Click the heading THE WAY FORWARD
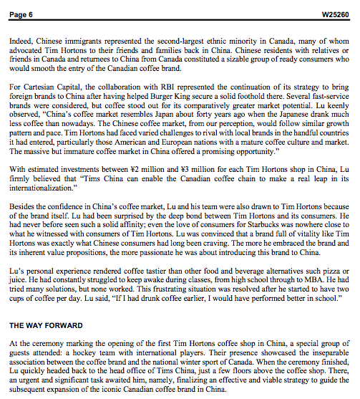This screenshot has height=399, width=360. pos(45,325)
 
